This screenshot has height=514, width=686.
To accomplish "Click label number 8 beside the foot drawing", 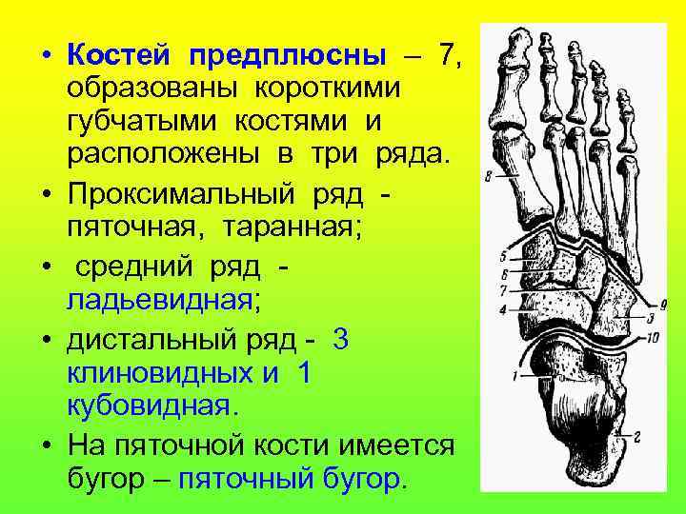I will [489, 176].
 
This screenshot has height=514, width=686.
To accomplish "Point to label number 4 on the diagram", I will [502, 310].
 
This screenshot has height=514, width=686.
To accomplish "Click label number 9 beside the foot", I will [664, 304].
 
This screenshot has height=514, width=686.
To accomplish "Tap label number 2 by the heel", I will [636, 437].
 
